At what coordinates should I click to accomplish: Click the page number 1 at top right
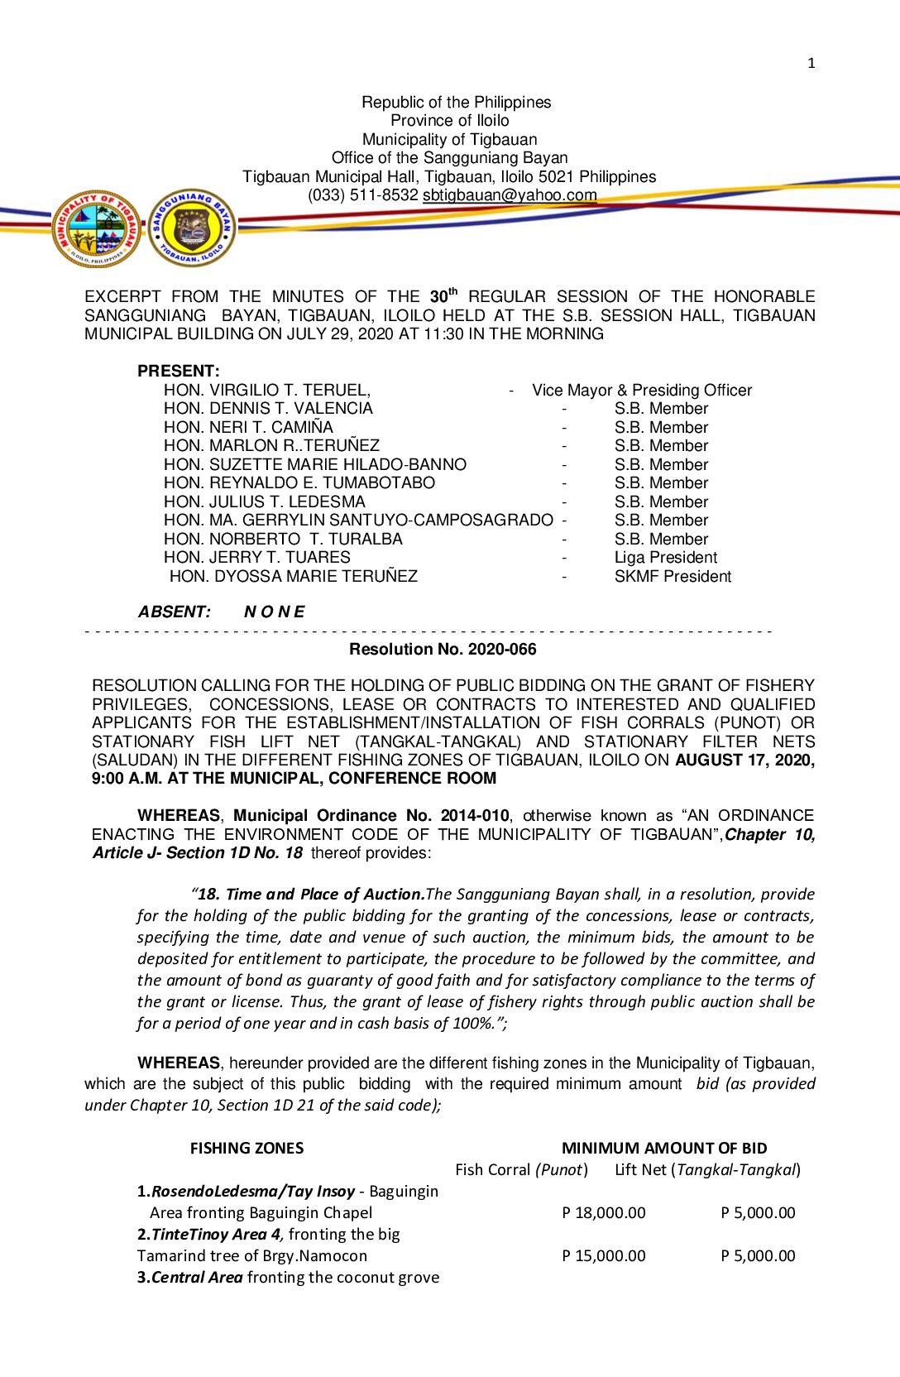(x=811, y=63)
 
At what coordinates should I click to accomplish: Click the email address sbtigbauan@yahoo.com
(x=510, y=195)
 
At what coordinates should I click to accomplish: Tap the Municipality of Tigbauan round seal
(x=97, y=228)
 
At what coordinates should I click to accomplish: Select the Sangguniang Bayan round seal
(x=193, y=228)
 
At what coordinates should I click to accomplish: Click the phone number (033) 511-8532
(x=363, y=195)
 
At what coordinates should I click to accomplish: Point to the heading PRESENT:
(x=179, y=371)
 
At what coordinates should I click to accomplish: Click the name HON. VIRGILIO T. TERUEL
(x=266, y=390)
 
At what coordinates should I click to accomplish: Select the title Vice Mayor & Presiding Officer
(x=642, y=390)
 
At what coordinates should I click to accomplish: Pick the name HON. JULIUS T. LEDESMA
(x=264, y=501)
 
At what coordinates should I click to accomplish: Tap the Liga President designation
(x=665, y=558)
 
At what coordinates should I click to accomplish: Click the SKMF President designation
(x=673, y=576)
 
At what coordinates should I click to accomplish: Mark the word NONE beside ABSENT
(x=274, y=612)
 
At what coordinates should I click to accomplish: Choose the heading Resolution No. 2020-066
(x=443, y=649)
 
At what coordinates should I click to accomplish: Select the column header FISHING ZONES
(x=247, y=1148)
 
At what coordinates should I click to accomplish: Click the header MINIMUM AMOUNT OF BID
(x=664, y=1148)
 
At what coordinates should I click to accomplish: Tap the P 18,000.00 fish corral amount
(x=603, y=1212)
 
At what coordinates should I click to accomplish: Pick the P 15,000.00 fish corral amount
(x=603, y=1255)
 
